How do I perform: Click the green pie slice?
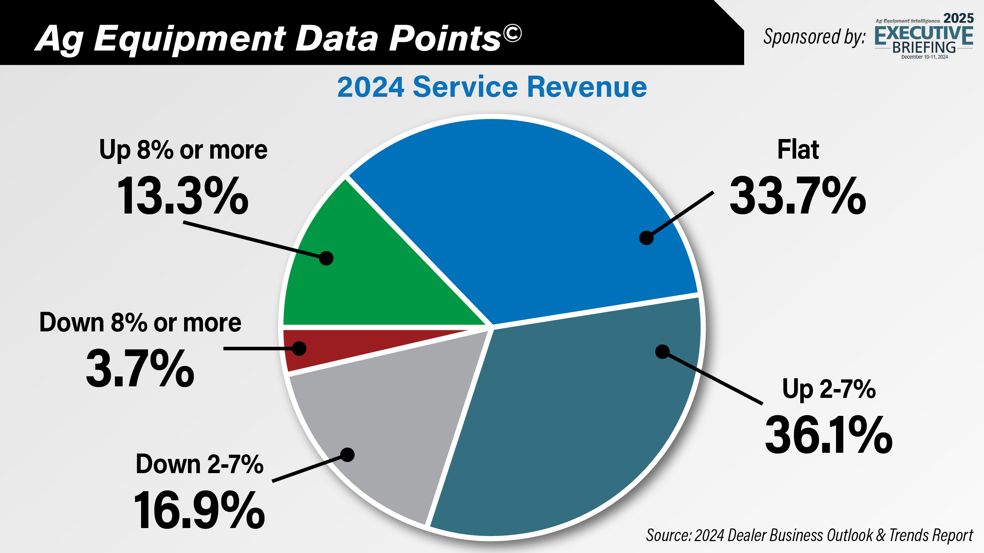pyautogui.click(x=369, y=284)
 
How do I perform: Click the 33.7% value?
pyautogui.click(x=798, y=196)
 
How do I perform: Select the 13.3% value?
pyautogui.click(x=183, y=196)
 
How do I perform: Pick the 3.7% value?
pyautogui.click(x=140, y=369)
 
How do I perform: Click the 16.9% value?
pyautogui.click(x=199, y=511)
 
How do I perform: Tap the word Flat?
pyautogui.click(x=798, y=150)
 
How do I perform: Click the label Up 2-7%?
pyautogui.click(x=829, y=389)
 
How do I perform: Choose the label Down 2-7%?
pyautogui.click(x=199, y=464)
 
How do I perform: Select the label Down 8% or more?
pyautogui.click(x=140, y=323)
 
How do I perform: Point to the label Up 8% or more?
pyautogui.click(x=183, y=150)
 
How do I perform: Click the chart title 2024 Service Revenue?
pyautogui.click(x=492, y=87)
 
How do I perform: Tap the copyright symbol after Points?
pyautogui.click(x=512, y=33)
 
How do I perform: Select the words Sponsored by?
pyautogui.click(x=814, y=37)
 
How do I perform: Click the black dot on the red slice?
pyautogui.click(x=299, y=348)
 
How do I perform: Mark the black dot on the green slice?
pyautogui.click(x=326, y=258)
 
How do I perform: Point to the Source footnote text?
pyautogui.click(x=809, y=535)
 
